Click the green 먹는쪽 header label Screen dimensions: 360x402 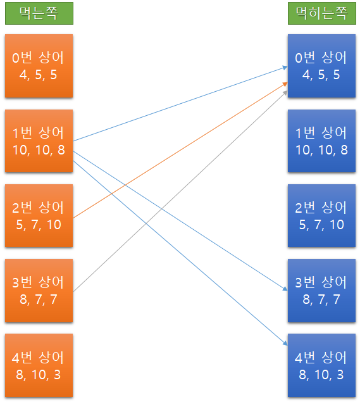39,13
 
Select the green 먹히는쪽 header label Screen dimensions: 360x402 322,13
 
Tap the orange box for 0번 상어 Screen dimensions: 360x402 39,66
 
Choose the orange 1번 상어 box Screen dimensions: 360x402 39,141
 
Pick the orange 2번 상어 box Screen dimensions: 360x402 39,216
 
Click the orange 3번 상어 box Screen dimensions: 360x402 39,291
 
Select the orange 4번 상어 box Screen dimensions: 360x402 39,365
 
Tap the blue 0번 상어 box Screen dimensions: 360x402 321,66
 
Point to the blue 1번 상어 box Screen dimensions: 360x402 321,141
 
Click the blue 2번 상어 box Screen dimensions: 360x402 321,216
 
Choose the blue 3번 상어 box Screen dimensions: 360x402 321,291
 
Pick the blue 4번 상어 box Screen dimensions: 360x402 321,365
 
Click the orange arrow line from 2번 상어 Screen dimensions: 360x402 180,150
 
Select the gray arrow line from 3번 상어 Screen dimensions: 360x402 180,191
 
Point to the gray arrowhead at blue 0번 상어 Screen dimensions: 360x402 285,93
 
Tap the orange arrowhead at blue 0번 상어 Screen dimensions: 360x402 285,84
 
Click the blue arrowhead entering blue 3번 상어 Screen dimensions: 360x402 285,289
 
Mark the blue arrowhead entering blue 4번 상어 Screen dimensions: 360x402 285,343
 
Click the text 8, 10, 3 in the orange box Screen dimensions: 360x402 39,375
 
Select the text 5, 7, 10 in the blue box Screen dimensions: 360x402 321,225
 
